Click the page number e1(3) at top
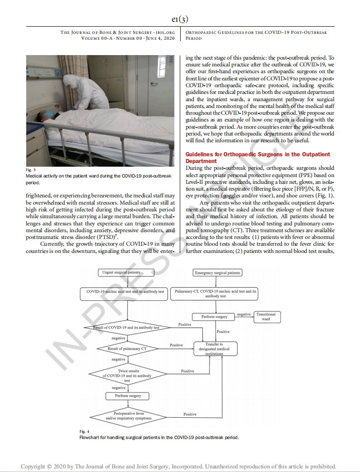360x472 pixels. click(x=180, y=19)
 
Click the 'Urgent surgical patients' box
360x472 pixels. click(x=121, y=272)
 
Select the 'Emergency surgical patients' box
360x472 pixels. click(x=217, y=273)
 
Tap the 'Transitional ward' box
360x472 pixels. click(x=266, y=317)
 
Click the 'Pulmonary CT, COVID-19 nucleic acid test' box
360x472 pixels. click(x=215, y=294)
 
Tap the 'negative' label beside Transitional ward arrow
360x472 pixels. click(x=244, y=314)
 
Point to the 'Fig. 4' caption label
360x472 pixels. click(x=84, y=431)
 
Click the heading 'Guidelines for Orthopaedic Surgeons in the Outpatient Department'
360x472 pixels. click(x=257, y=158)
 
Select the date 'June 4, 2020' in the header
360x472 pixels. click(x=161, y=38)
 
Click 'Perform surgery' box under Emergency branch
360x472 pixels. click(x=215, y=317)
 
